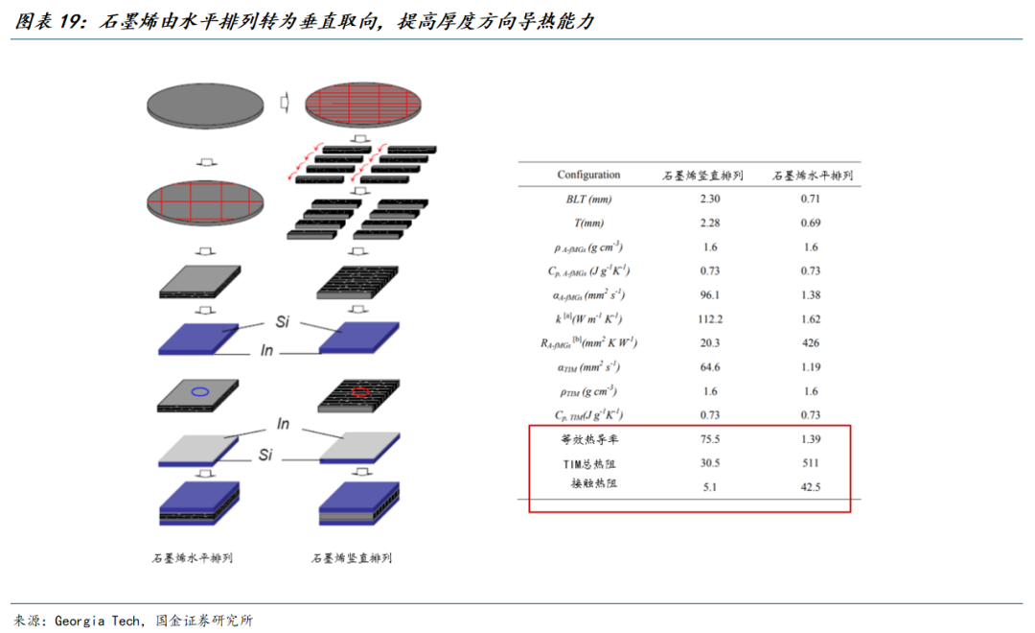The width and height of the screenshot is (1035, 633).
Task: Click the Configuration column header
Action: [588, 175]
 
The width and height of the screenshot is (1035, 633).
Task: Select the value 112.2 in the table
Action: [710, 319]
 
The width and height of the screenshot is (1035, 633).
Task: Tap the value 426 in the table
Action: [811, 343]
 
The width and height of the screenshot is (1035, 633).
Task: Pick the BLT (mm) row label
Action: [588, 199]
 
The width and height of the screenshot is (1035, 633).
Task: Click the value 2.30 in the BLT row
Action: [710, 199]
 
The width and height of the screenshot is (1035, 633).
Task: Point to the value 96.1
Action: [710, 294]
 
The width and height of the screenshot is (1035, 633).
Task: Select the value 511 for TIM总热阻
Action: [811, 463]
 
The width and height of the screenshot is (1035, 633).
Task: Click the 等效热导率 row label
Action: [589, 439]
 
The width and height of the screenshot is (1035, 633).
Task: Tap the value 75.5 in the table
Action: [710, 439]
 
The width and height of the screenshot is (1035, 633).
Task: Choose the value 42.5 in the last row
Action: [811, 487]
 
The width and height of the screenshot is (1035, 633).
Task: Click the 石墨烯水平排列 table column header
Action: [813, 176]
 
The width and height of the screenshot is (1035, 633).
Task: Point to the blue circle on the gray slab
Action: [200, 392]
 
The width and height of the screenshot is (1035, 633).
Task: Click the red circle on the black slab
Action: [359, 392]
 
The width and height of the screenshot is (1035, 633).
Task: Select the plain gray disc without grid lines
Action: [205, 105]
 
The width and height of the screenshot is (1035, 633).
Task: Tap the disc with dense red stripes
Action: [363, 105]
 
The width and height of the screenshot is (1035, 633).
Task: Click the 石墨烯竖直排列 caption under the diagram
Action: [352, 558]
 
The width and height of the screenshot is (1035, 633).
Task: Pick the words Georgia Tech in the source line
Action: [98, 621]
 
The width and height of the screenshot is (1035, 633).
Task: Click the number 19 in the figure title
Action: [69, 21]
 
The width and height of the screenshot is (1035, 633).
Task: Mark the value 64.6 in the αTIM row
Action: [710, 366]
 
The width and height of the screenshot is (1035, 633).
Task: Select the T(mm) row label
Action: [588, 223]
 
